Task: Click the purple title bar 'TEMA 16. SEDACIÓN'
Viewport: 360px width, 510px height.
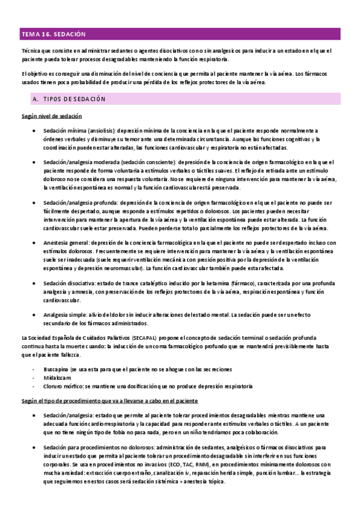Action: coord(180,34)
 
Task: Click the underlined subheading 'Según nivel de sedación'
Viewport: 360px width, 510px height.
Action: coord(51,115)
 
